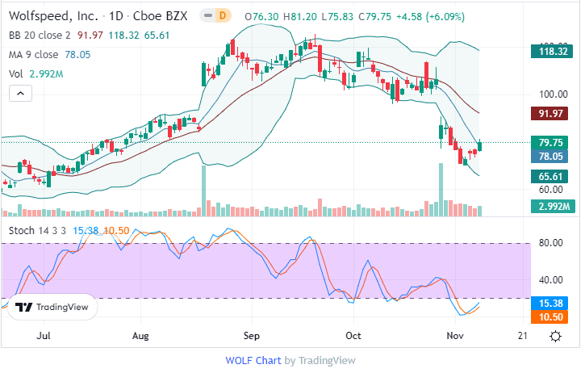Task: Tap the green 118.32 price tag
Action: (556, 52)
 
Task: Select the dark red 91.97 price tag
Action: (556, 114)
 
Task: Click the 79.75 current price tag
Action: (556, 143)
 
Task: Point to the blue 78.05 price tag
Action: (556, 157)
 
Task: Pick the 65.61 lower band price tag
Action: (556, 175)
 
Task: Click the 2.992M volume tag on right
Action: (556, 207)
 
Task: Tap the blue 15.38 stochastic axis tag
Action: (556, 302)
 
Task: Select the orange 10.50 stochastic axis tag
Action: (556, 316)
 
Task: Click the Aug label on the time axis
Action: (140, 334)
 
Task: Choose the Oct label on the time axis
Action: (353, 334)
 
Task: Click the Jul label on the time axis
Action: (44, 334)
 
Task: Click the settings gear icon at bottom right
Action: (555, 335)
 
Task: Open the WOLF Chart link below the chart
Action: (253, 361)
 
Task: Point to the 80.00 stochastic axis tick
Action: (550, 241)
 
